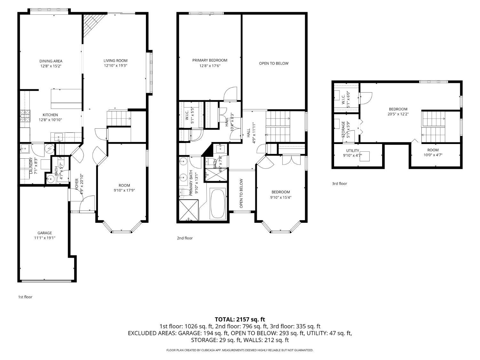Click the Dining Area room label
coord(51,61)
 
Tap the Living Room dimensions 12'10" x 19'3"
coord(116,66)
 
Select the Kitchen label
coord(50,115)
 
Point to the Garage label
coord(44,233)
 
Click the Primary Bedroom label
coord(210,60)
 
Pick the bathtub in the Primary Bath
coord(218,204)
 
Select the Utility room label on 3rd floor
coord(353,151)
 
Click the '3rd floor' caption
coord(340,184)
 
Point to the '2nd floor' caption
coord(185,238)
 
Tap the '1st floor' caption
coord(25,297)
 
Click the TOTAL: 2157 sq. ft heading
coord(240,320)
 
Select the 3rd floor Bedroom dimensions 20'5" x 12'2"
coord(398,114)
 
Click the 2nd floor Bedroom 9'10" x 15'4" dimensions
coord(281,197)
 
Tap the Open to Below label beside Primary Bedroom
coord(274,63)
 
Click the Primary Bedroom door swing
coord(230,94)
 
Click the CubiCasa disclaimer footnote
coord(240,350)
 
